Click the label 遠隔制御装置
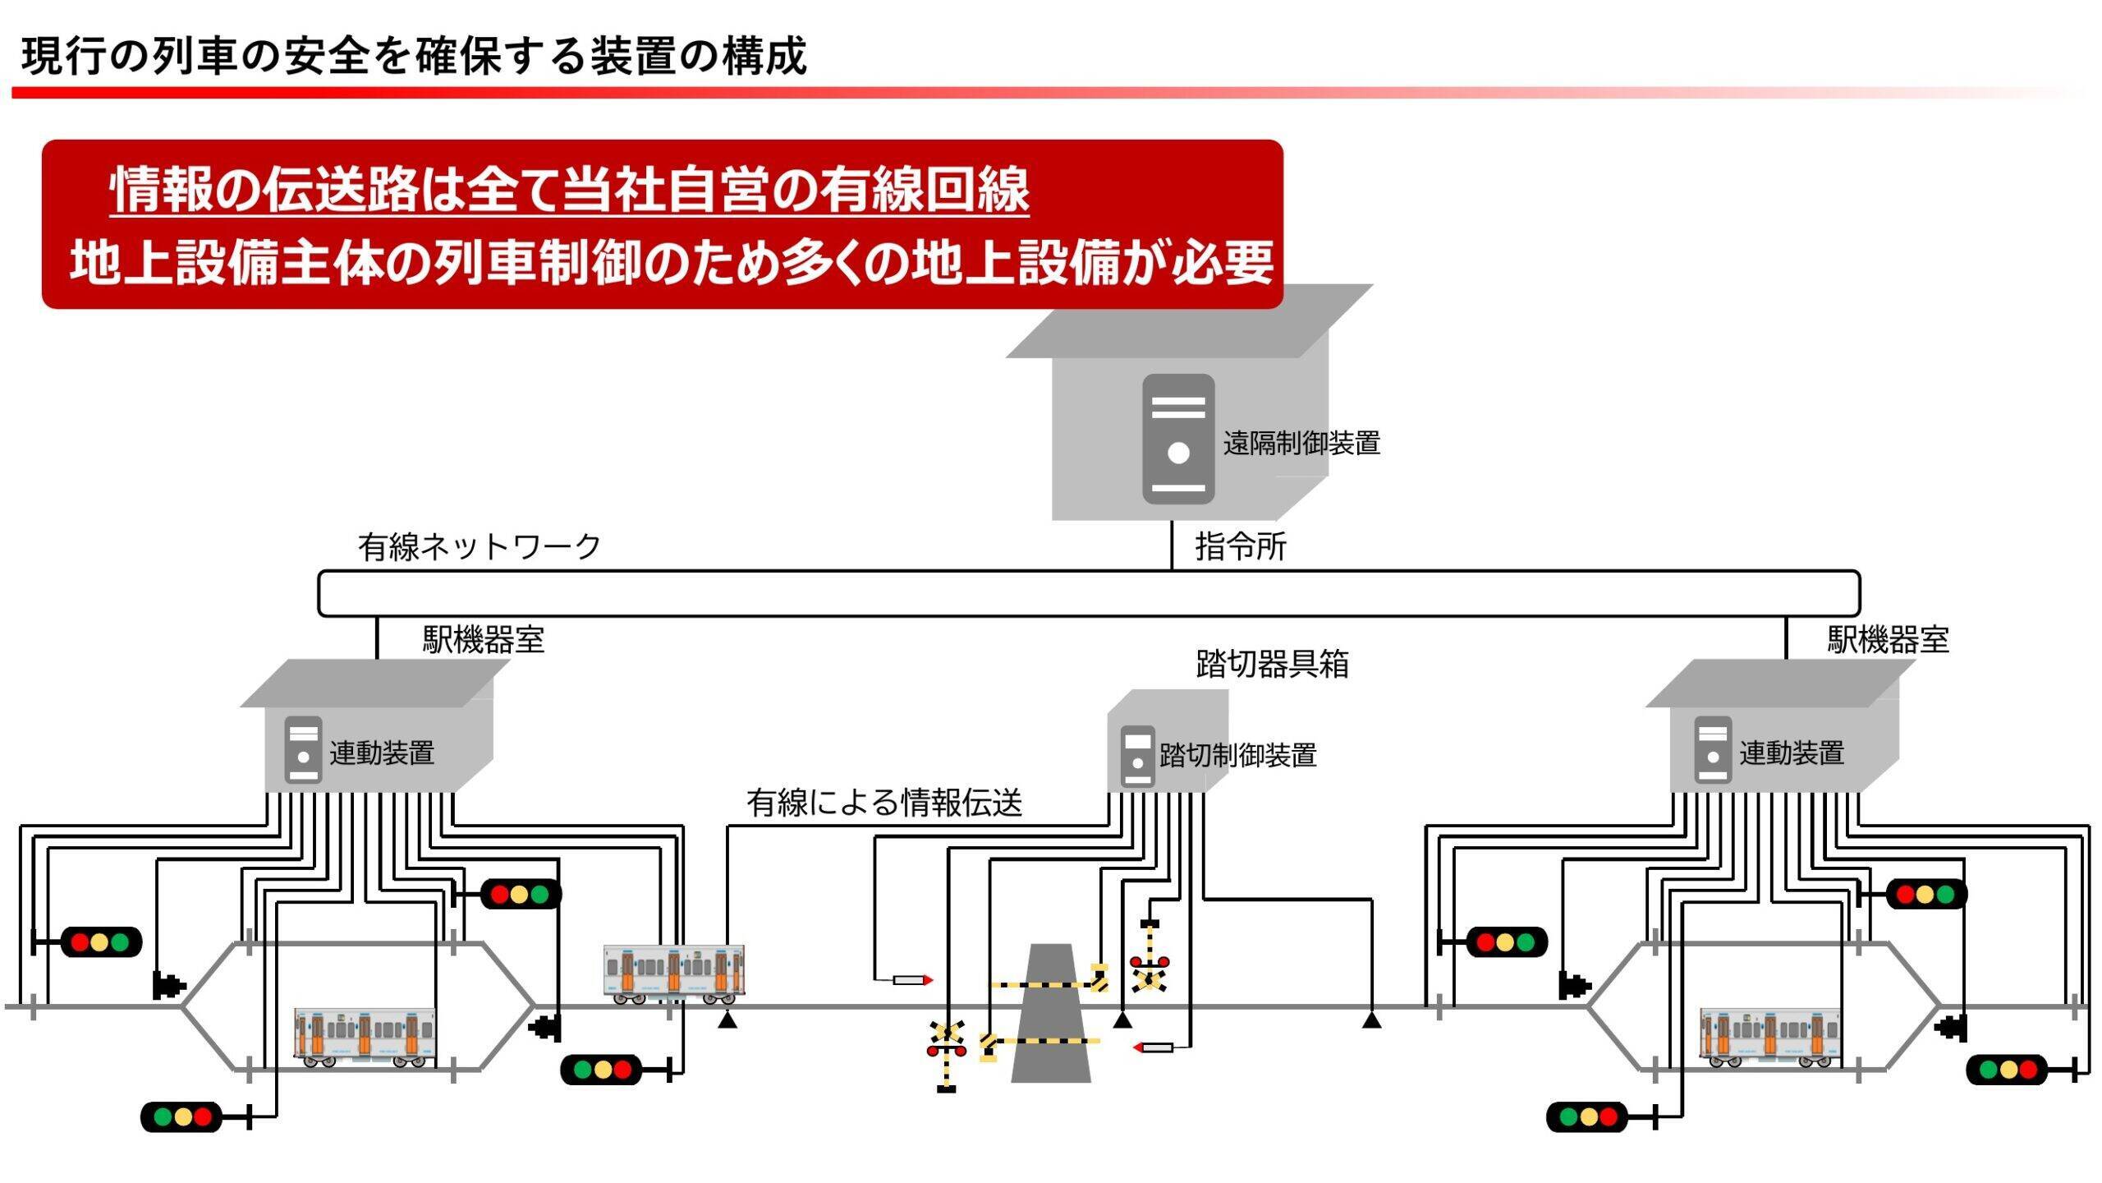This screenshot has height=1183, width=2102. click(x=1301, y=444)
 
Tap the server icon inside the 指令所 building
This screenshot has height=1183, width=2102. click(x=1178, y=439)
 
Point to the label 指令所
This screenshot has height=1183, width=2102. click(x=1240, y=546)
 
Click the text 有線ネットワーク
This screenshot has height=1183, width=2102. click(x=480, y=546)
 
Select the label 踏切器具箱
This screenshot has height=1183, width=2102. click(x=1272, y=664)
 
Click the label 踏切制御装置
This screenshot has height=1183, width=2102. click(x=1237, y=755)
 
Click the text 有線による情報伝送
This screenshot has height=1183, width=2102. click(x=884, y=803)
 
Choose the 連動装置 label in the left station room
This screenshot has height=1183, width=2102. click(x=382, y=753)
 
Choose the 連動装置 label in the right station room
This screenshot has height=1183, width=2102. click(x=1792, y=753)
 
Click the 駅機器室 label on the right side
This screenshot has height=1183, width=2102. click(x=1888, y=639)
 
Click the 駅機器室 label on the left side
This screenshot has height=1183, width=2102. click(x=484, y=639)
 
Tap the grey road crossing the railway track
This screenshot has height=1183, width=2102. click(x=1051, y=1015)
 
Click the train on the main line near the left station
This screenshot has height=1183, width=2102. click(x=673, y=974)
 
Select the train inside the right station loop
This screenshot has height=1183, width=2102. click(x=1769, y=1037)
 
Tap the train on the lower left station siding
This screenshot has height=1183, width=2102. click(x=365, y=1037)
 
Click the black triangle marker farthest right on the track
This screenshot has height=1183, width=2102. click(x=1370, y=1020)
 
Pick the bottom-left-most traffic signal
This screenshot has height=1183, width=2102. click(x=181, y=1117)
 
